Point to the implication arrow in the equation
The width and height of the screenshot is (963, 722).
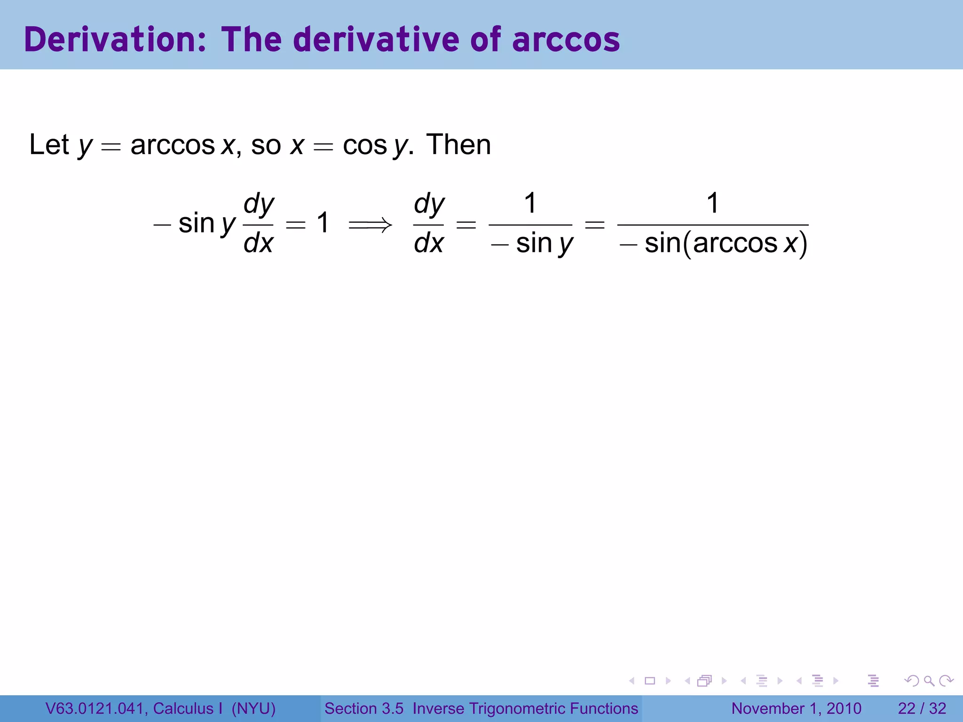[x=370, y=225]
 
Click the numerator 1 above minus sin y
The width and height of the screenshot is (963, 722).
[x=530, y=203]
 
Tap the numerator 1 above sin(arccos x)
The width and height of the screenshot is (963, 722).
[x=713, y=203]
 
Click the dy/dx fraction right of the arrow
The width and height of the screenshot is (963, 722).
[x=428, y=224]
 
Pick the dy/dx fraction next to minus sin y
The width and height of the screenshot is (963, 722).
[x=258, y=224]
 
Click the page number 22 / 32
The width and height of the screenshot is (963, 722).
[x=922, y=708]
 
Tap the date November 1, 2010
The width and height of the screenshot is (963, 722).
[x=796, y=708]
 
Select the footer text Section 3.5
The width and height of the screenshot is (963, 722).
[x=363, y=708]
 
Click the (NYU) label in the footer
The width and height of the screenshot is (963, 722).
[x=253, y=708]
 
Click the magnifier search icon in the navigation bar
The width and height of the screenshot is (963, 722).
[x=929, y=681]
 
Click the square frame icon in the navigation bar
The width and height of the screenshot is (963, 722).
[x=650, y=681]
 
